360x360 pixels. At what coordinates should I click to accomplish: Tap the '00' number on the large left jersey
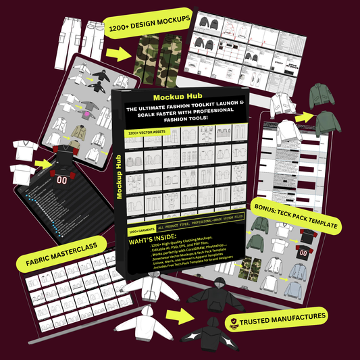62,180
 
